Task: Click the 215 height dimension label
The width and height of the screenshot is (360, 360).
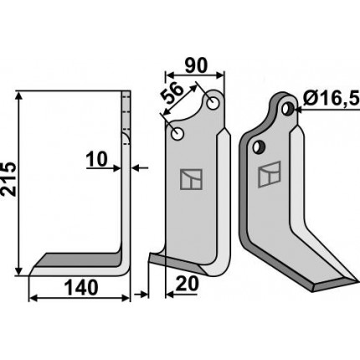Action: [8, 178]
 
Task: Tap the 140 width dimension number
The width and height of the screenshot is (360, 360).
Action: [81, 288]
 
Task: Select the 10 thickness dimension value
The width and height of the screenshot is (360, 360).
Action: [96, 159]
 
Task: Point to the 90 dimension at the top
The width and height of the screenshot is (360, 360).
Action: [197, 65]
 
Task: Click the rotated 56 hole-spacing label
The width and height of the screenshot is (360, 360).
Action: [173, 94]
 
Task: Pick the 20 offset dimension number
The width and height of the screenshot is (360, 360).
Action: [188, 284]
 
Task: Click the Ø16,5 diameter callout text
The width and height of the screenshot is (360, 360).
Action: [331, 99]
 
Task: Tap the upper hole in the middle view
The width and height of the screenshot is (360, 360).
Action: [213, 103]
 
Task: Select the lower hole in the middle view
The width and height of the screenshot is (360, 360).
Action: [177, 134]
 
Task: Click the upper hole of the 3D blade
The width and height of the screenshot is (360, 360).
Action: [287, 108]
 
